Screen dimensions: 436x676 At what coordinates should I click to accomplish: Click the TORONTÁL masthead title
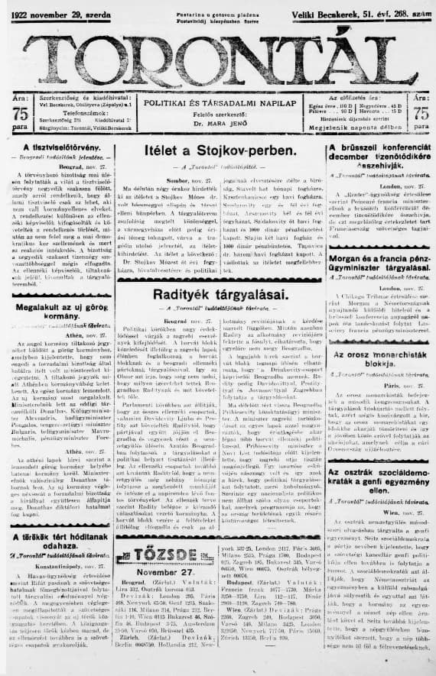218,58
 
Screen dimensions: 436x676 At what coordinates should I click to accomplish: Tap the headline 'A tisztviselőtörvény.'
59,147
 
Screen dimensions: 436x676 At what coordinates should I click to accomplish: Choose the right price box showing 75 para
421,113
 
